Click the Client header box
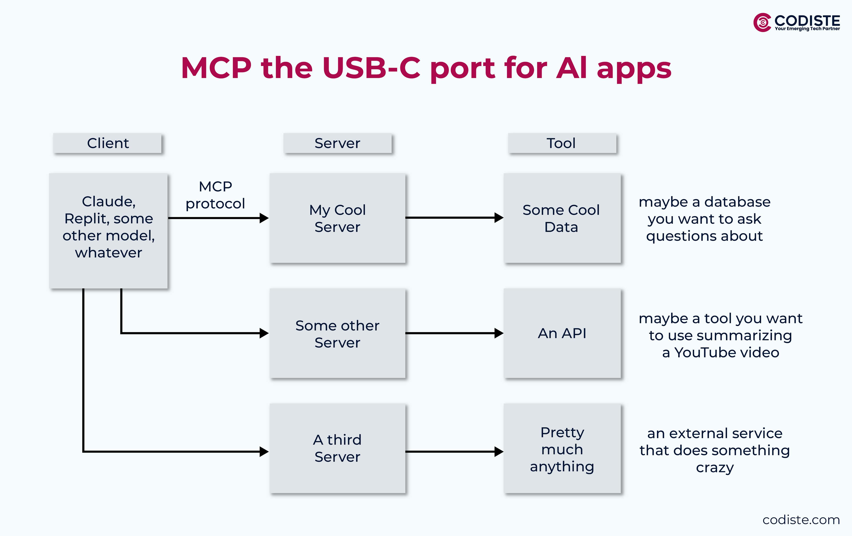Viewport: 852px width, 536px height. pyautogui.click(x=108, y=143)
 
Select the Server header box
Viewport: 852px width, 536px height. pyautogui.click(x=337, y=143)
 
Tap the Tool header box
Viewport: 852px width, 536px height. pyautogui.click(x=562, y=143)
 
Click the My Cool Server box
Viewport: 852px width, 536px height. pyautogui.click(x=337, y=218)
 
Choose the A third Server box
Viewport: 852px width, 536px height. pyautogui.click(x=337, y=448)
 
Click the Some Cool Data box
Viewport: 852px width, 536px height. pyautogui.click(x=562, y=218)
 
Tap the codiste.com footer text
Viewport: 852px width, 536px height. pyautogui.click(x=801, y=520)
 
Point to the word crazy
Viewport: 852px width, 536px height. pyautogui.click(x=715, y=468)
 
